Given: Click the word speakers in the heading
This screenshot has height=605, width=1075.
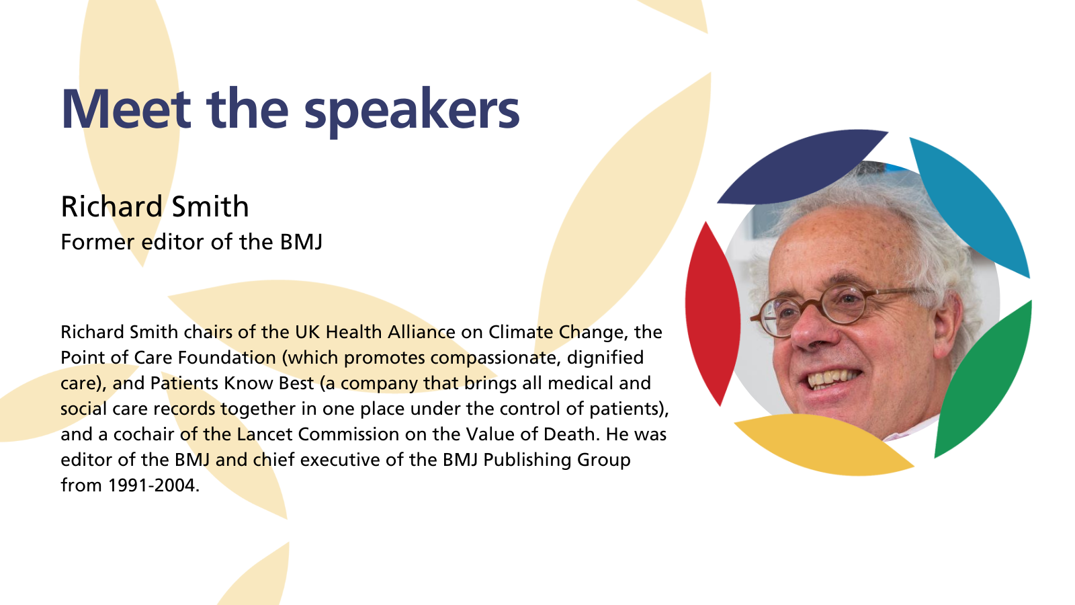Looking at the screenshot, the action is click(x=412, y=112).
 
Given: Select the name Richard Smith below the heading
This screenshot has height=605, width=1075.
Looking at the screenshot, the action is click(x=155, y=206).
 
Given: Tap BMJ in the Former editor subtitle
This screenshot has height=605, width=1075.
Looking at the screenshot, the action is click(x=302, y=241).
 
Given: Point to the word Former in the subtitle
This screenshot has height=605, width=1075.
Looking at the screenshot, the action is click(x=97, y=241).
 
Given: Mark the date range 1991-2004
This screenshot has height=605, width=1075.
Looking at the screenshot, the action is click(x=154, y=485).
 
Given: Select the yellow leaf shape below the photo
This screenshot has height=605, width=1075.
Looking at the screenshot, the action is click(x=823, y=444).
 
